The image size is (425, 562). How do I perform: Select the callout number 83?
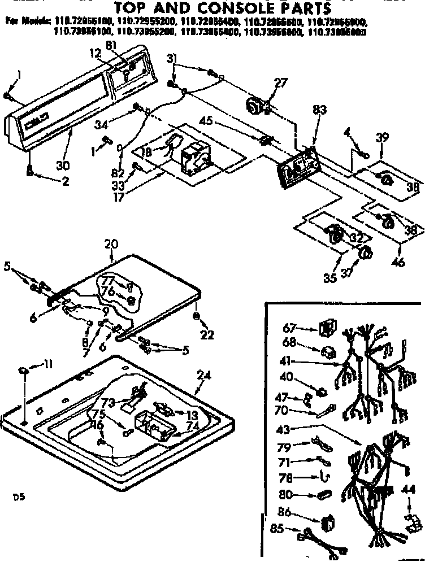pos(319,111)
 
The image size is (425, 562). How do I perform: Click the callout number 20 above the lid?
pos(111,244)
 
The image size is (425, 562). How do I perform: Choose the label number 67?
pos(289,327)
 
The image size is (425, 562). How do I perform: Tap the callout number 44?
pos(407,489)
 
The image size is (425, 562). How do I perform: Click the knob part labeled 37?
pos(365,254)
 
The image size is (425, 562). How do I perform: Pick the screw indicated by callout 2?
pos(28,170)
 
